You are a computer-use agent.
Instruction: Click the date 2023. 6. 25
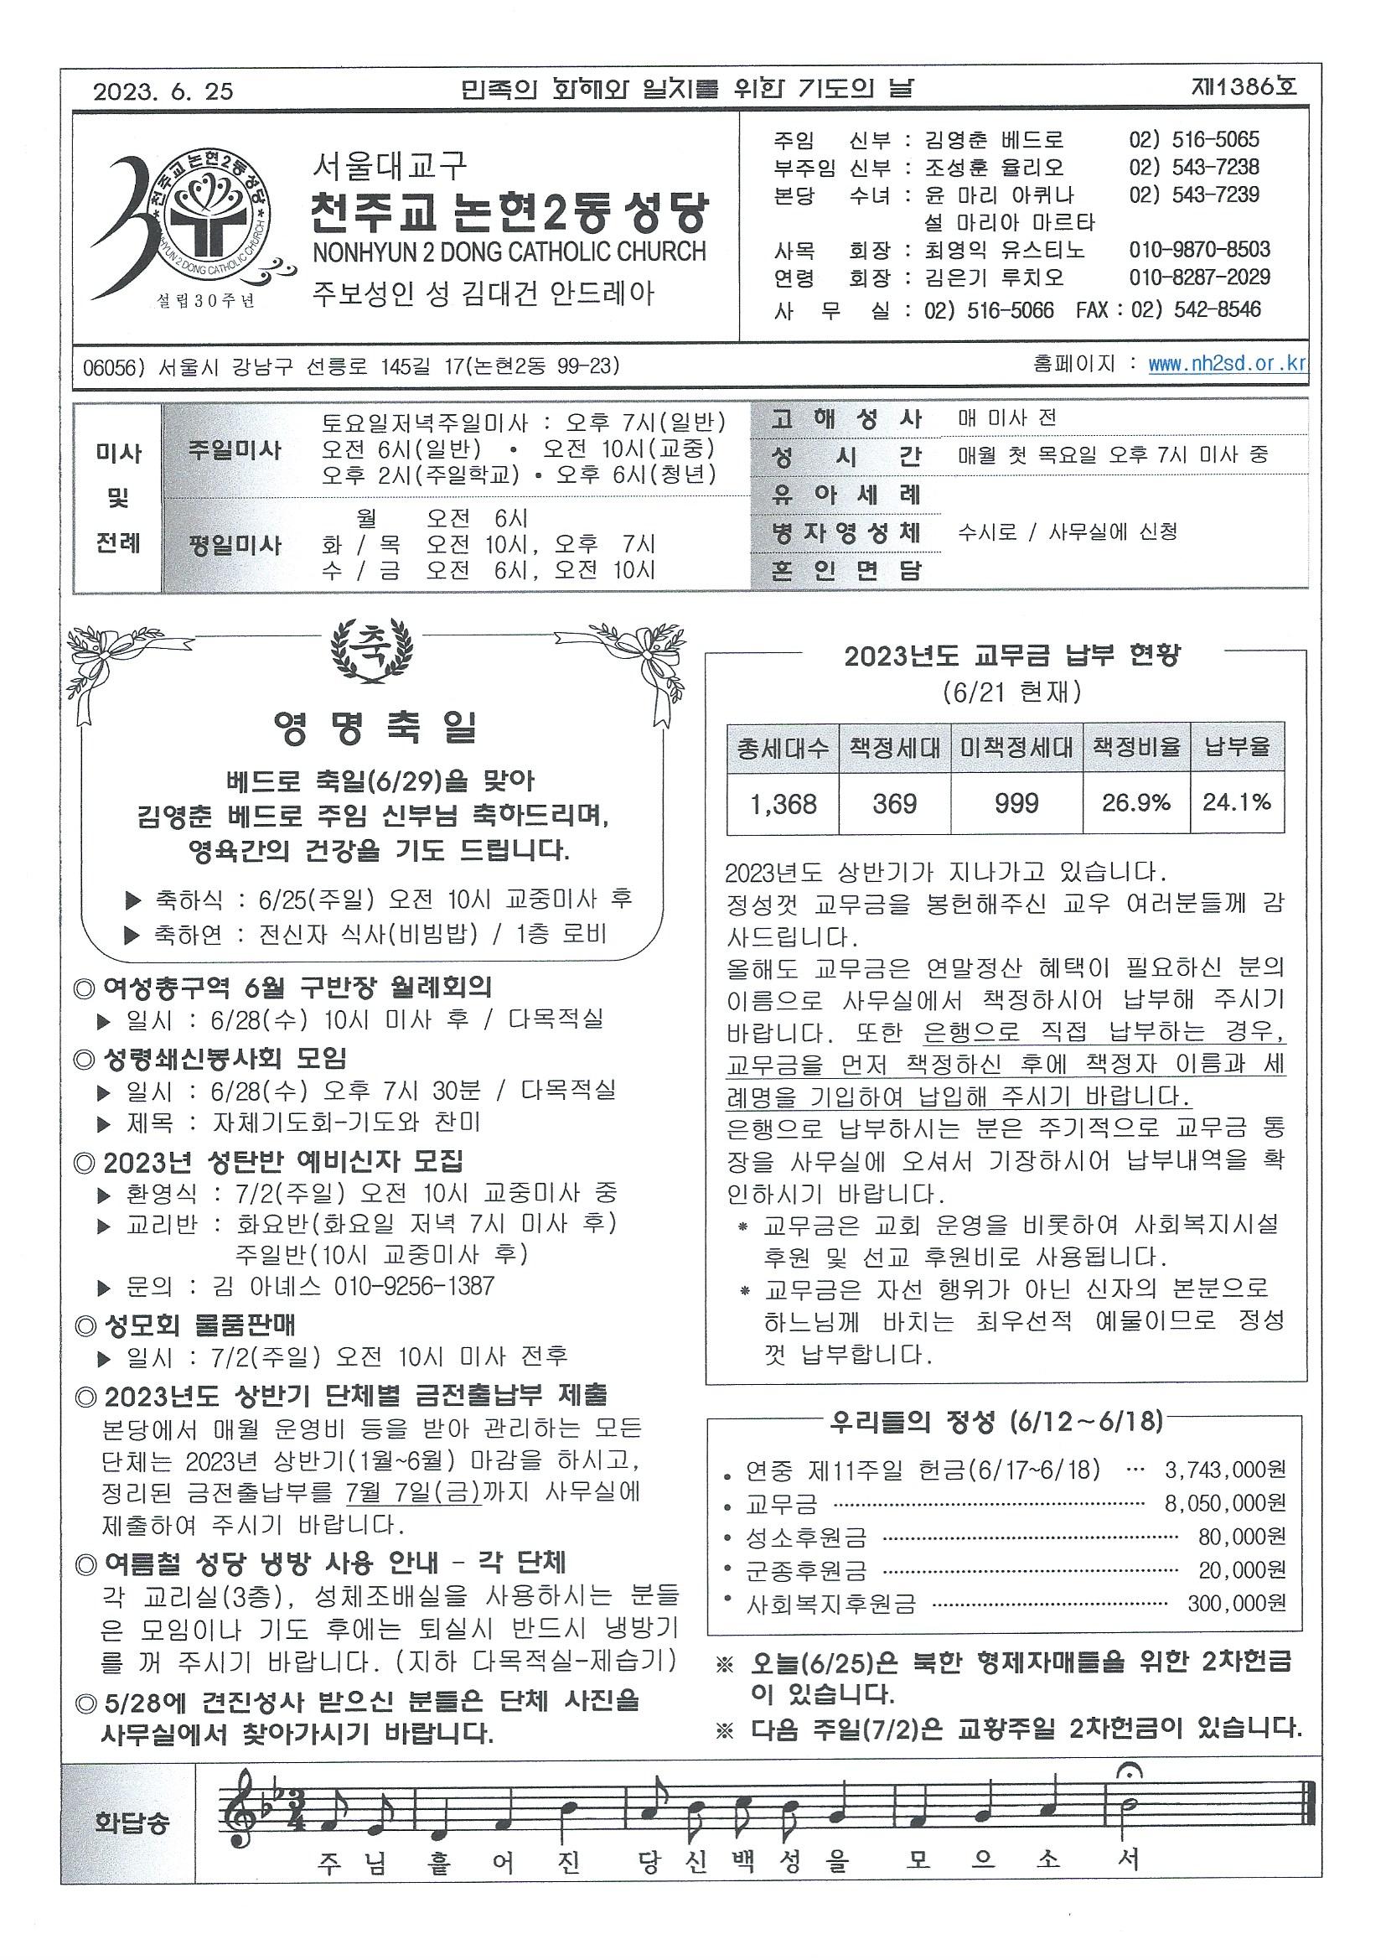[x=164, y=91]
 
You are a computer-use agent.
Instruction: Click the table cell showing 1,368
[x=783, y=803]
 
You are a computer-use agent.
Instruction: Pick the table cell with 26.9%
[x=1136, y=803]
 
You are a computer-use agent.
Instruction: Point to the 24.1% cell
[x=1237, y=802]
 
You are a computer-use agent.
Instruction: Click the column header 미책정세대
[x=1016, y=748]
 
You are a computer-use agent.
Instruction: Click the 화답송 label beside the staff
[x=132, y=1823]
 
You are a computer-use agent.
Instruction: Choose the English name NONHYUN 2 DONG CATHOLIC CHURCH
[x=509, y=251]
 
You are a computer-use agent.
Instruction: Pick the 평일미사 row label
[x=235, y=544]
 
